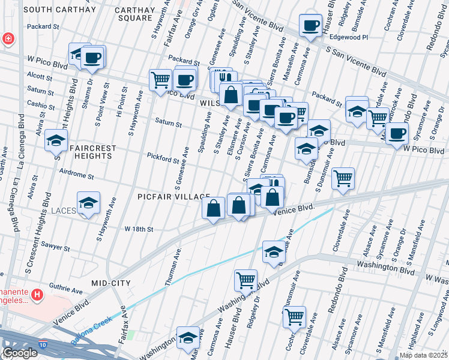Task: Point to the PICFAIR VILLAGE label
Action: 173,197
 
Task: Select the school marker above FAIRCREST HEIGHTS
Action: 56,140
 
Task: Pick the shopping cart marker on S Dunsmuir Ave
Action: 343,178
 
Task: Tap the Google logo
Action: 20,353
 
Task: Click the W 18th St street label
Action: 139,229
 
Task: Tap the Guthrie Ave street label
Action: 65,290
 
